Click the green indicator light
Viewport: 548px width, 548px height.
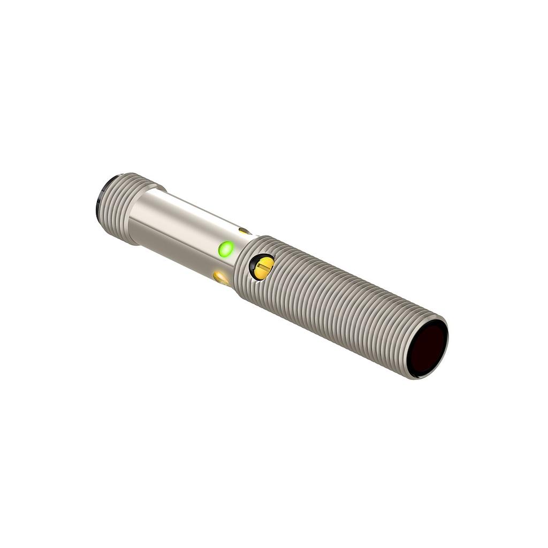click(226, 249)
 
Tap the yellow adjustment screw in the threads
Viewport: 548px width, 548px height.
click(262, 267)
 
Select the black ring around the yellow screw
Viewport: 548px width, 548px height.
click(253, 261)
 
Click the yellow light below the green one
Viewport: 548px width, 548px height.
click(220, 277)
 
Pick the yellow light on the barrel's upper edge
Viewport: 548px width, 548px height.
click(244, 231)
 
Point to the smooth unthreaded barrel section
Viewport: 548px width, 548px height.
click(182, 230)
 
